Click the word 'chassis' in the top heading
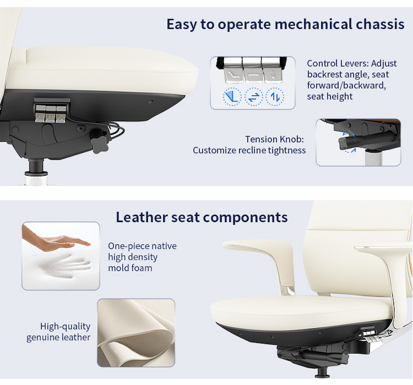click(x=380, y=24)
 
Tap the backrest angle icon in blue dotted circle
click(x=232, y=97)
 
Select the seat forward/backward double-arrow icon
click(x=253, y=97)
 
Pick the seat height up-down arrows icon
click(x=275, y=97)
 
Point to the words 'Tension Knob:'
click(x=275, y=139)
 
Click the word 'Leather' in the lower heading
click(x=141, y=217)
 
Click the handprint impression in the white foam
click(x=66, y=265)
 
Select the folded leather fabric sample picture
click(x=136, y=332)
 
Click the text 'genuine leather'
click(x=58, y=338)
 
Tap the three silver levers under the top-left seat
click(x=50, y=113)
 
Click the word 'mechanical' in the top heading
click(x=313, y=24)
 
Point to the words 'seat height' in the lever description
click(x=330, y=96)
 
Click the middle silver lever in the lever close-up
click(x=252, y=70)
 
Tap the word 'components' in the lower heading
click(x=245, y=217)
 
